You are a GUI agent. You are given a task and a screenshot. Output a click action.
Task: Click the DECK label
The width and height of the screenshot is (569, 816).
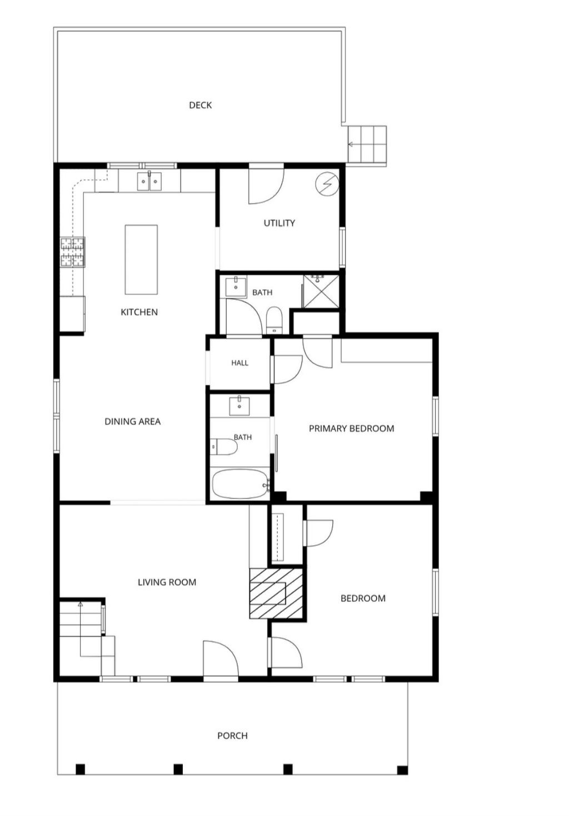click(x=200, y=105)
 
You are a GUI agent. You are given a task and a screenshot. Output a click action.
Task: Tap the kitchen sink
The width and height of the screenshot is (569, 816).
click(x=149, y=181)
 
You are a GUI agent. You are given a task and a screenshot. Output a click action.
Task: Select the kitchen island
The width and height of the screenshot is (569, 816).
click(x=141, y=259)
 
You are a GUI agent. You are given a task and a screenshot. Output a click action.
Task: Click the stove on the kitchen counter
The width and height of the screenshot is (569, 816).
click(x=73, y=252)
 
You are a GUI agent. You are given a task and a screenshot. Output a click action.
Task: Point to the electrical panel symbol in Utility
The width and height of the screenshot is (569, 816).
click(x=327, y=184)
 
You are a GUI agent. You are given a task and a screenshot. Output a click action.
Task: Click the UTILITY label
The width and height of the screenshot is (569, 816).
click(x=279, y=223)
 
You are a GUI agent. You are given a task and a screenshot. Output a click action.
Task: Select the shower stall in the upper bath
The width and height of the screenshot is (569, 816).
click(x=321, y=291)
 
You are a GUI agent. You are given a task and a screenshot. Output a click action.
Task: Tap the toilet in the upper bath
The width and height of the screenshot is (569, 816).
click(x=274, y=320)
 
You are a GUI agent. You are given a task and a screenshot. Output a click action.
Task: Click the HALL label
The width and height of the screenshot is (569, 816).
click(x=239, y=363)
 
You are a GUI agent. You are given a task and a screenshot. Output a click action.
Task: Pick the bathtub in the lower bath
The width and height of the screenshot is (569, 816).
click(x=241, y=484)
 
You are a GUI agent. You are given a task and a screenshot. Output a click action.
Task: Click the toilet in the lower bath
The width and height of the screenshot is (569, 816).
click(x=223, y=447)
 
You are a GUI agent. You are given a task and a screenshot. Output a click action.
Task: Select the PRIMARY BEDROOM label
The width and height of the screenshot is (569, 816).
click(x=352, y=429)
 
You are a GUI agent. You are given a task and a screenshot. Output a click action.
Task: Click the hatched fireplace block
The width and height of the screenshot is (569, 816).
click(x=276, y=593)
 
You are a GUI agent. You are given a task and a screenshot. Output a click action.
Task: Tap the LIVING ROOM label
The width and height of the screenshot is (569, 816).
click(x=167, y=582)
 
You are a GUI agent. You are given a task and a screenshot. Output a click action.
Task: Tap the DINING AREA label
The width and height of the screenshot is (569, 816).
click(x=133, y=421)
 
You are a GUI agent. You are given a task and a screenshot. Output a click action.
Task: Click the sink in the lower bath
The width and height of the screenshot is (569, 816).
click(x=239, y=406)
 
